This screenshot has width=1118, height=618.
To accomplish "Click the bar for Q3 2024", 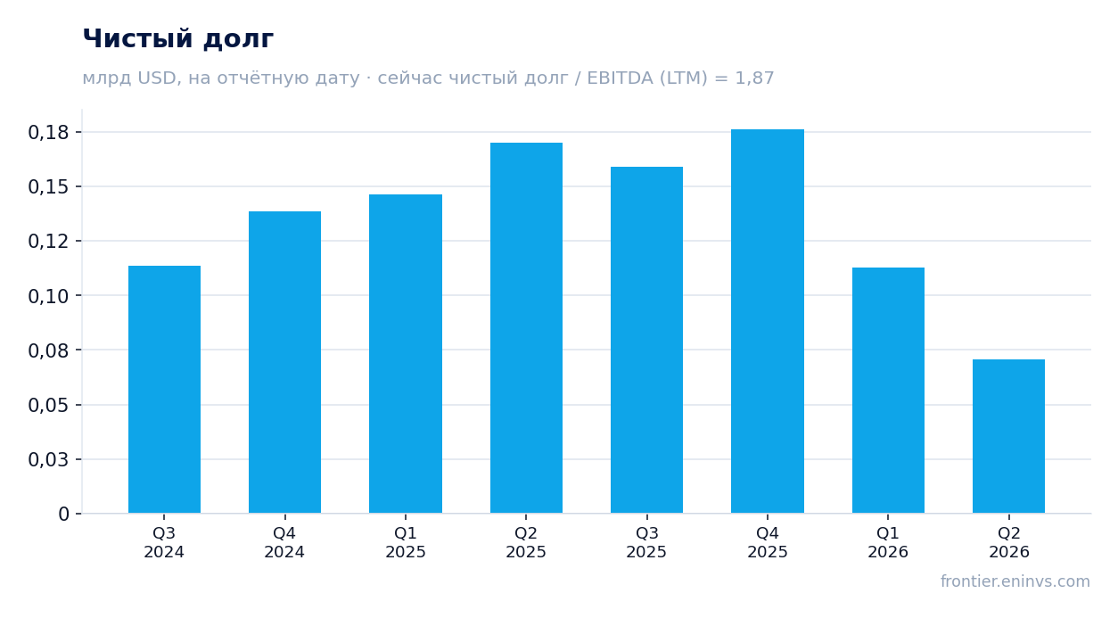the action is point(164,390).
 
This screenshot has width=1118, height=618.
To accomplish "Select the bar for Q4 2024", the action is point(285,362).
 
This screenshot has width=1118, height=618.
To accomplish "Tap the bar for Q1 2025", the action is point(406,353).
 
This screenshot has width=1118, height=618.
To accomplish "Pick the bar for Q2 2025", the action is point(526,328).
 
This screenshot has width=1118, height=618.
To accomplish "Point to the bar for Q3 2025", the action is point(647,340).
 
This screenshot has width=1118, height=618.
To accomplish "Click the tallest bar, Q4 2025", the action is point(768,321).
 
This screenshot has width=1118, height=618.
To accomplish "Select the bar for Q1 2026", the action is point(888,391).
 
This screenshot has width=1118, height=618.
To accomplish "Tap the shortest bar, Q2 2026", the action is point(1008,436).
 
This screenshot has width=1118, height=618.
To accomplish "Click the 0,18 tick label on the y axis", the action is point(48,133).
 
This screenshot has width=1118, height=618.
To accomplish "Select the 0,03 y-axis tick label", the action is point(48,460).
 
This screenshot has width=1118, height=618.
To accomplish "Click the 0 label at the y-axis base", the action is point(64,515).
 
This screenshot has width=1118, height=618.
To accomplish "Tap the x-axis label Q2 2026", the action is point(1008,542).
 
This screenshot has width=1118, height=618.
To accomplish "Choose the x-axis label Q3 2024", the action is point(164,542).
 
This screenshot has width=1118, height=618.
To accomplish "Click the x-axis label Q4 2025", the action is point(768,542).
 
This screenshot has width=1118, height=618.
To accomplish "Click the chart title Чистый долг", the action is point(178,39).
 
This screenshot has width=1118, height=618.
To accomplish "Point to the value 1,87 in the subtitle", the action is point(754,78).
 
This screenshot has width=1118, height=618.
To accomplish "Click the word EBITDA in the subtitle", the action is point(620,78).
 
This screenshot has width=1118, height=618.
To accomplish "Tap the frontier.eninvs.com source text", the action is point(1015,581).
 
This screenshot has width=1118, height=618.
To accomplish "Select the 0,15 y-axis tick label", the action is point(48,187).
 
